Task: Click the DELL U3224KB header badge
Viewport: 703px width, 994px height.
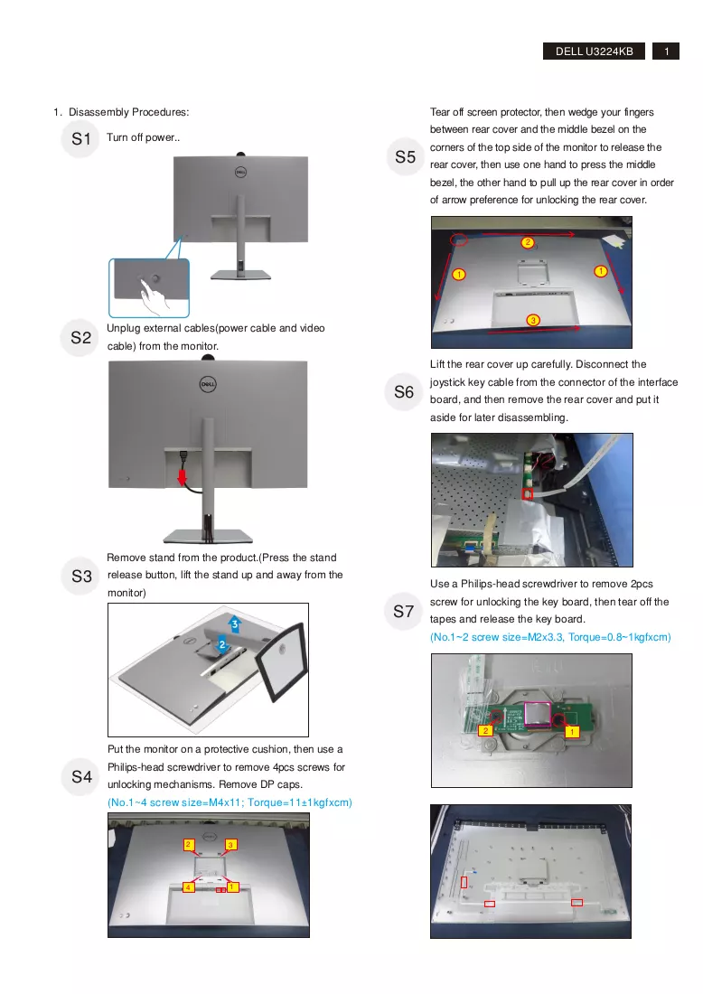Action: pyautogui.click(x=594, y=52)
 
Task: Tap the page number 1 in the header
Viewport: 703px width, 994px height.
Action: pyautogui.click(x=666, y=52)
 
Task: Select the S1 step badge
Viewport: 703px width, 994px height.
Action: pyautogui.click(x=81, y=139)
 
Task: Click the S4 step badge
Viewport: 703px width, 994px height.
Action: pyautogui.click(x=81, y=776)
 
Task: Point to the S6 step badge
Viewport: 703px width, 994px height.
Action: pyautogui.click(x=404, y=392)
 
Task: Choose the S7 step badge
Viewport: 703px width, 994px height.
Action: pyautogui.click(x=404, y=611)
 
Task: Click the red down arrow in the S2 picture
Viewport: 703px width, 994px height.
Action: pyautogui.click(x=183, y=477)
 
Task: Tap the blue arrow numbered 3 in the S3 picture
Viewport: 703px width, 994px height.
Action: pyautogui.click(x=235, y=624)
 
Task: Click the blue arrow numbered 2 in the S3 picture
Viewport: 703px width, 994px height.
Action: pyautogui.click(x=222, y=644)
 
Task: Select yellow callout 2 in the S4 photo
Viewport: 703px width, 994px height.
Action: pyautogui.click(x=188, y=844)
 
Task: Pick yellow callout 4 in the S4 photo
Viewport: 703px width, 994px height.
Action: pyautogui.click(x=188, y=886)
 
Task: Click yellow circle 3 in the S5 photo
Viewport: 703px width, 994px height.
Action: pyautogui.click(x=533, y=320)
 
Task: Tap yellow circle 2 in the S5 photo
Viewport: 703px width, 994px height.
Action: pyautogui.click(x=528, y=242)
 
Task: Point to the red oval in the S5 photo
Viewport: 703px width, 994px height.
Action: pyautogui.click(x=460, y=239)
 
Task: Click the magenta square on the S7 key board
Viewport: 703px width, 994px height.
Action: pyautogui.click(x=536, y=714)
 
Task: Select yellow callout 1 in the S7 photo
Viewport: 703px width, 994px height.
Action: pyautogui.click(x=571, y=732)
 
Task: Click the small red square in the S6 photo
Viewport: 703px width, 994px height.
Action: pyautogui.click(x=527, y=492)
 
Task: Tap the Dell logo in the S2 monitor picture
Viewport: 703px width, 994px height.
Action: pyautogui.click(x=208, y=384)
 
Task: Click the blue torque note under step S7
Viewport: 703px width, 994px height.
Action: pyautogui.click(x=550, y=637)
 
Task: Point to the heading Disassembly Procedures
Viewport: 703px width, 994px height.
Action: pyautogui.click(x=128, y=112)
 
